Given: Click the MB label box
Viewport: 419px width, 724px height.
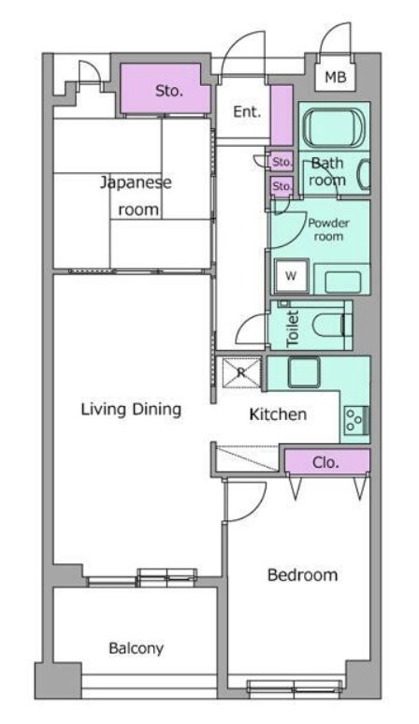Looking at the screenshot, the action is click(x=336, y=76).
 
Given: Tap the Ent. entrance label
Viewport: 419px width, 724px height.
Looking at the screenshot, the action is click(x=247, y=111).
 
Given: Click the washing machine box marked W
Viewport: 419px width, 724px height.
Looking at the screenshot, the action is click(x=290, y=276).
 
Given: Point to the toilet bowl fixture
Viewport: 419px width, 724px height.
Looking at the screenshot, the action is click(x=329, y=325).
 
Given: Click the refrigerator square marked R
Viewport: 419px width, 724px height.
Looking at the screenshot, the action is click(x=242, y=372).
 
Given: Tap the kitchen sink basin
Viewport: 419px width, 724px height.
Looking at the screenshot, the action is click(x=304, y=372).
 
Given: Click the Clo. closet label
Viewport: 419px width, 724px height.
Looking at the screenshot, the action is click(x=325, y=462).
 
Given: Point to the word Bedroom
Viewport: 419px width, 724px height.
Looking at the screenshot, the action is click(x=302, y=575).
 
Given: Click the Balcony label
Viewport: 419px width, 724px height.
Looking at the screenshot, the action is click(x=137, y=648).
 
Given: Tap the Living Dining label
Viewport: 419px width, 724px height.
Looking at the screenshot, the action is click(x=131, y=409).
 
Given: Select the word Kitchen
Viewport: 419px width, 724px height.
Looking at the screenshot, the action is click(x=278, y=414).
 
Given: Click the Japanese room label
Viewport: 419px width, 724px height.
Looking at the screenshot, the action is click(x=137, y=195).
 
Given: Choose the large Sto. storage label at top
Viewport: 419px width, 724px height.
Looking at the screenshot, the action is click(x=169, y=91).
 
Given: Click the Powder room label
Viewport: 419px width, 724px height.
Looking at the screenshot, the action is click(x=328, y=229).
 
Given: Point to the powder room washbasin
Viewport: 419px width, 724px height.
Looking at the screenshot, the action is click(x=342, y=282).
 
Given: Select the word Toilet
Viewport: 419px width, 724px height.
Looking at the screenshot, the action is click(x=293, y=328).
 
